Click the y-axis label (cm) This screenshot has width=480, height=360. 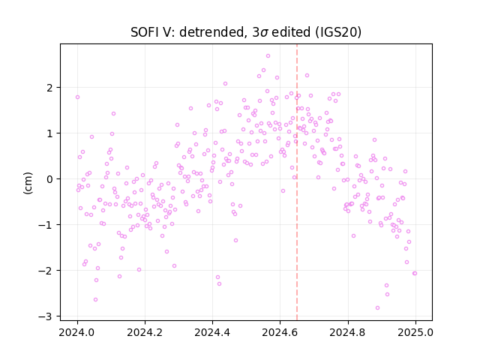click(x=28, y=183)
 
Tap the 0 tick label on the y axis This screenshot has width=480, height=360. click(x=49, y=179)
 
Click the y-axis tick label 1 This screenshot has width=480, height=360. click(x=49, y=133)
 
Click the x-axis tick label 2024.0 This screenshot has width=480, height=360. click(x=77, y=332)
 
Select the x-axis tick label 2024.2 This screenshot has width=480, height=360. click(x=145, y=332)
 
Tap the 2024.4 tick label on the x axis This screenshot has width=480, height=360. click(x=212, y=332)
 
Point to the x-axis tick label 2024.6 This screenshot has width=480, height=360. click(x=280, y=332)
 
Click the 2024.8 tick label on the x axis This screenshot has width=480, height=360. click(x=348, y=332)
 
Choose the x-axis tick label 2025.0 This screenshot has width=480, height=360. click(x=415, y=332)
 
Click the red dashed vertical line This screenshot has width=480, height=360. click(x=297, y=182)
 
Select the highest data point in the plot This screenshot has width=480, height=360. click(x=268, y=56)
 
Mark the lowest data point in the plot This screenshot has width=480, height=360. click(x=377, y=308)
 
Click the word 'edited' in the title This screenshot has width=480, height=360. click(x=290, y=32)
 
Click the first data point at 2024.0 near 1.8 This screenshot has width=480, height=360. click(x=77, y=97)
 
